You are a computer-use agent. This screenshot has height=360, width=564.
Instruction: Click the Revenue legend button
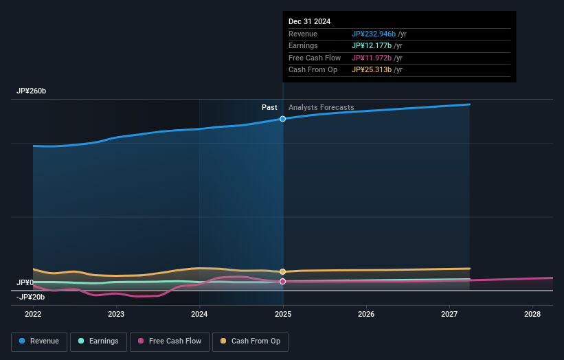(x=39, y=341)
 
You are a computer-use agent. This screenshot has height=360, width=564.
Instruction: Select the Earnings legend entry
(x=99, y=341)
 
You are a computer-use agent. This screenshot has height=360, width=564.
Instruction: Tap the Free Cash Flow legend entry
(x=170, y=341)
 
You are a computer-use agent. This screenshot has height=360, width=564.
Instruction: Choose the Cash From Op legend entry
(x=250, y=341)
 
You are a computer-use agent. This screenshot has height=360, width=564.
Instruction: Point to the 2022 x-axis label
(x=33, y=314)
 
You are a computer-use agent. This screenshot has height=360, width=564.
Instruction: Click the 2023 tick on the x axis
(x=116, y=314)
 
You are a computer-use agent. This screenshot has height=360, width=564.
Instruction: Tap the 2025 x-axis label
(x=283, y=314)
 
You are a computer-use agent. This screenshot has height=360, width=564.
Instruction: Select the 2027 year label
(x=449, y=314)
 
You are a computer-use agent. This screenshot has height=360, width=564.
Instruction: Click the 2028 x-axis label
(x=532, y=314)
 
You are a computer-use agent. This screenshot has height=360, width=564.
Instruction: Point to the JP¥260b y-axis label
(x=31, y=91)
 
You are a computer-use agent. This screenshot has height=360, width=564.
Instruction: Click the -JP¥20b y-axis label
(x=30, y=297)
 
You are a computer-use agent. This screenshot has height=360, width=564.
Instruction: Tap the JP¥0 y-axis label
(x=25, y=282)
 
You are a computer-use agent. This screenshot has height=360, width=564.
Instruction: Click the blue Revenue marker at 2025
(x=282, y=119)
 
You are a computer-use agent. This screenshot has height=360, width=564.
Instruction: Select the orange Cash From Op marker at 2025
(x=282, y=271)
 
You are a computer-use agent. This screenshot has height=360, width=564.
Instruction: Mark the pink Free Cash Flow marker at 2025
(x=282, y=281)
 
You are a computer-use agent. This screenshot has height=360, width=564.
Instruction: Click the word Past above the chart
(x=269, y=107)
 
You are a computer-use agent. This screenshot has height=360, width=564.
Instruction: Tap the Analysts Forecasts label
(x=322, y=107)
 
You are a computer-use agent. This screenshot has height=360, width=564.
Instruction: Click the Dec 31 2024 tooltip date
(x=309, y=21)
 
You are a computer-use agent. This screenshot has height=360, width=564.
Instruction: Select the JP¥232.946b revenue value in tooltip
(x=374, y=34)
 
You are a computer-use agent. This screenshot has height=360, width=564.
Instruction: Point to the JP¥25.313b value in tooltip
(x=372, y=69)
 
